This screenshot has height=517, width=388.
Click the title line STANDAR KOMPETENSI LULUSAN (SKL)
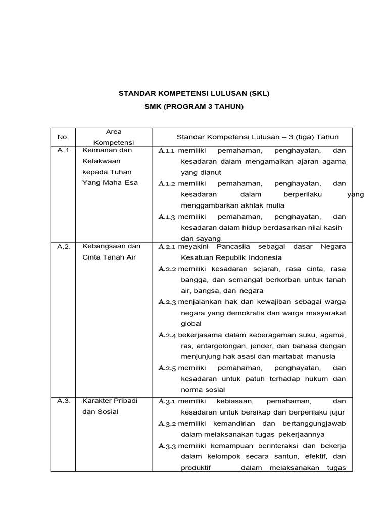click(194, 93)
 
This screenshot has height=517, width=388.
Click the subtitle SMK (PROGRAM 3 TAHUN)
click(194, 107)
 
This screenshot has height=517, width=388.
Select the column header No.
click(63, 137)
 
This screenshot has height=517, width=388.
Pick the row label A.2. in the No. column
click(64, 246)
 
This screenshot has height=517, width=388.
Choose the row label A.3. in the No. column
click(64, 401)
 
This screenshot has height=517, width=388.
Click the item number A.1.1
click(167, 150)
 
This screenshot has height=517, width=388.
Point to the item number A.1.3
click(167, 217)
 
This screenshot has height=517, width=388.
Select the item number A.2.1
click(167, 247)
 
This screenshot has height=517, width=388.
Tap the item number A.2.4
click(167, 335)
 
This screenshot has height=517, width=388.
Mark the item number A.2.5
click(167, 368)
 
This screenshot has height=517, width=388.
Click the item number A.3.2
click(167, 423)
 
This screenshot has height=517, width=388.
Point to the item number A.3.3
click(167, 446)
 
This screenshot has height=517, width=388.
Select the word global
click(191, 324)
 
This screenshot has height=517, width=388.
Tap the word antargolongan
click(219, 346)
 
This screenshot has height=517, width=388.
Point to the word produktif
click(196, 468)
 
